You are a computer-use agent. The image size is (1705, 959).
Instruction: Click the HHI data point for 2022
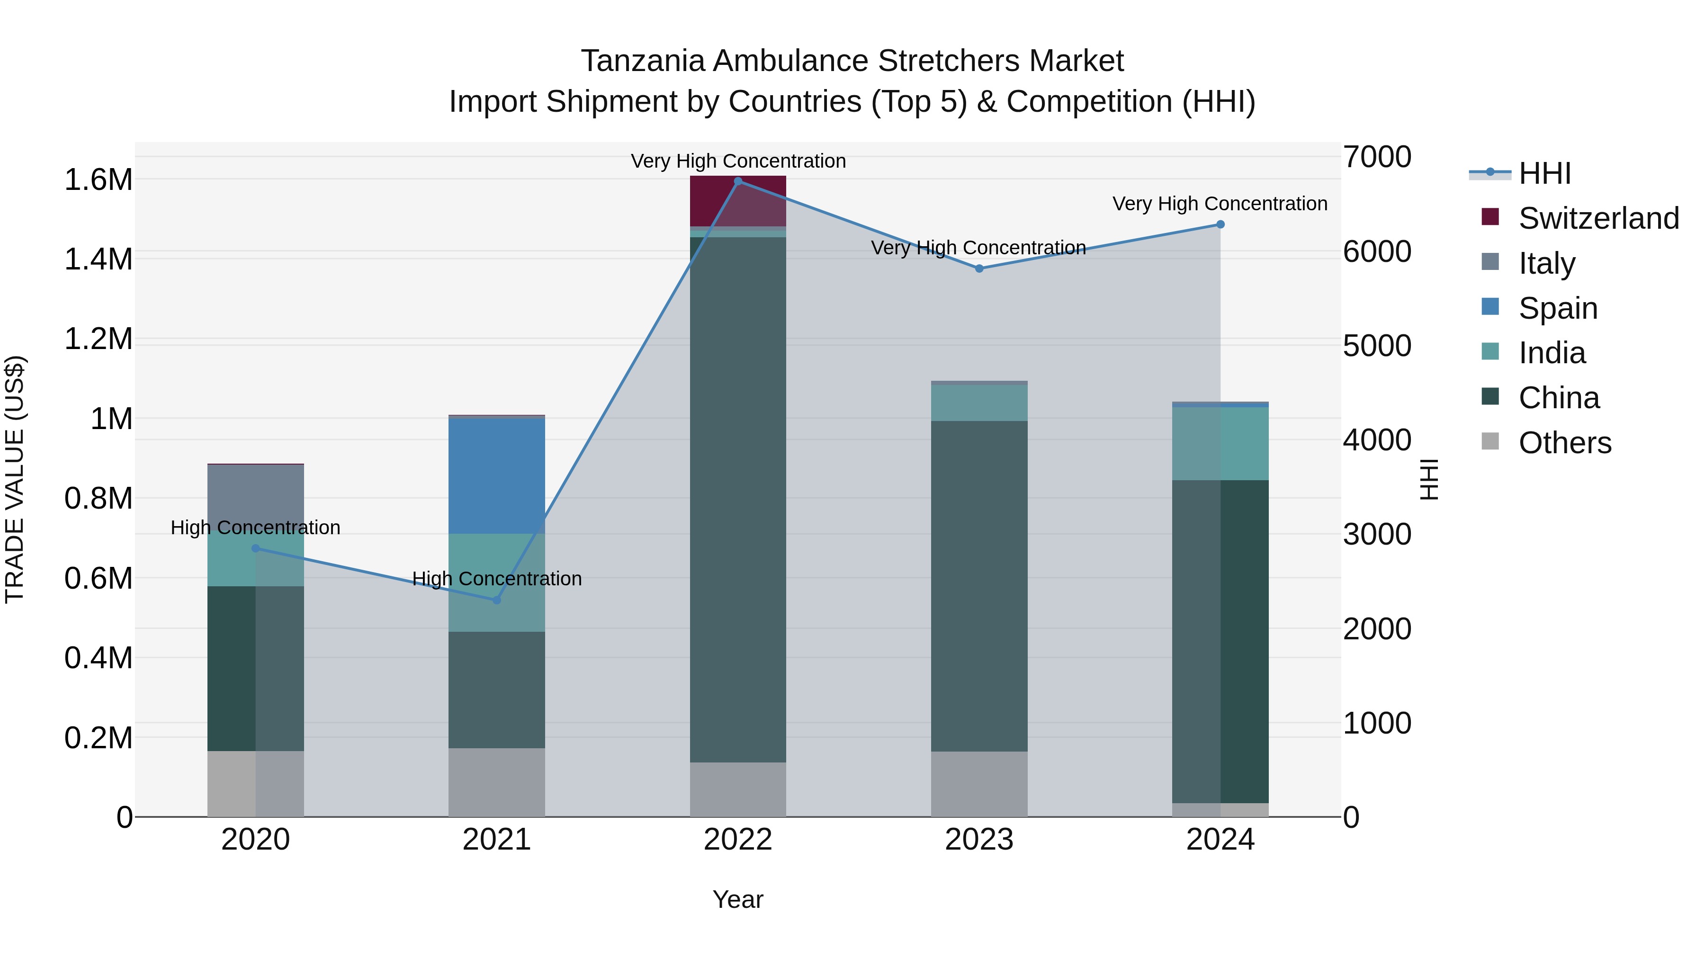point(738,181)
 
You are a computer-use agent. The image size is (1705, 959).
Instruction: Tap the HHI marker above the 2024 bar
point(1220,224)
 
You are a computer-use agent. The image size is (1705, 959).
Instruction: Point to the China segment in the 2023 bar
point(979,586)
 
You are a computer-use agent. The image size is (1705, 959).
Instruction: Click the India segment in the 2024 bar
point(1220,443)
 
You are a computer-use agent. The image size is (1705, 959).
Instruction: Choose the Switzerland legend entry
point(1598,218)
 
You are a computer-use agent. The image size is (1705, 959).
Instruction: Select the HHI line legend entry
point(1543,173)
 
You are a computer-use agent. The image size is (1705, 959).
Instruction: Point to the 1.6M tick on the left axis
point(98,180)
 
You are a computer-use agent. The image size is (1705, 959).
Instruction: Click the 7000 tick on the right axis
point(1377,158)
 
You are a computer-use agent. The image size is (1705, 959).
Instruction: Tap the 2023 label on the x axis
point(979,840)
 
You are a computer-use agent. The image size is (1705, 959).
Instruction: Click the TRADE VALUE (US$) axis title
point(15,479)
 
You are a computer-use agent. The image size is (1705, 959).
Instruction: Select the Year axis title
point(737,899)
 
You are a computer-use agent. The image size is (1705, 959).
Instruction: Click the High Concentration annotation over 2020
point(255,528)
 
